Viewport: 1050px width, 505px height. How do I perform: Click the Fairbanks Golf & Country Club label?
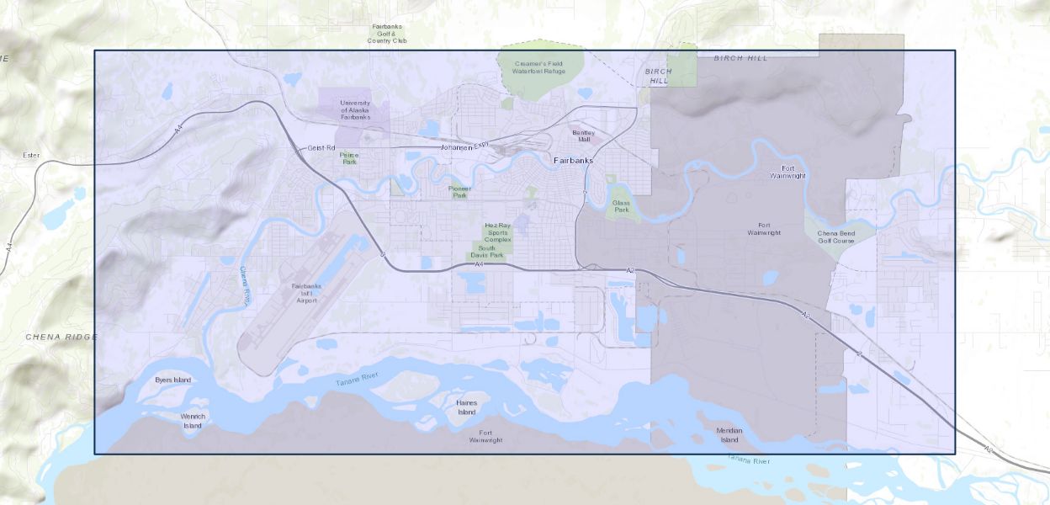pyautogui.click(x=387, y=34)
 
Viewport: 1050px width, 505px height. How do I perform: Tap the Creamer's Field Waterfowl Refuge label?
pyautogui.click(x=538, y=68)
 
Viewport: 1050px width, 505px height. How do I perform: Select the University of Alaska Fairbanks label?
pyautogui.click(x=355, y=109)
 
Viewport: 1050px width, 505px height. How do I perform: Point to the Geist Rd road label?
pyautogui.click(x=321, y=147)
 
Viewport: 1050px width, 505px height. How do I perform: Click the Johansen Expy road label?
pyautogui.click(x=464, y=147)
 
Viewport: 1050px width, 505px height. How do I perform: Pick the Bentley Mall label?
pyautogui.click(x=583, y=136)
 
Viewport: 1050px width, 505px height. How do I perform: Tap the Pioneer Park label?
pyautogui.click(x=459, y=192)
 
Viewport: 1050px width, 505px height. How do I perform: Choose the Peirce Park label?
pyautogui.click(x=349, y=157)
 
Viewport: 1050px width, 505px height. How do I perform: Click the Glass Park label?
pyautogui.click(x=621, y=206)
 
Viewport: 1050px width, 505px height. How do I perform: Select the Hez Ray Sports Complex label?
pyautogui.click(x=497, y=233)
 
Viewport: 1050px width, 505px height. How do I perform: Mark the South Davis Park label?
pyautogui.click(x=491, y=252)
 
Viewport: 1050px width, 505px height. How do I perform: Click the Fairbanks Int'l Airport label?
pyautogui.click(x=305, y=293)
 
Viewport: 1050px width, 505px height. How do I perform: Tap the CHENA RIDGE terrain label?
pyautogui.click(x=61, y=337)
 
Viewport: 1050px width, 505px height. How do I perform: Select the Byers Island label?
pyautogui.click(x=173, y=380)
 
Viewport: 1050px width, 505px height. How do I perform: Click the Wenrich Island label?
pyautogui.click(x=193, y=420)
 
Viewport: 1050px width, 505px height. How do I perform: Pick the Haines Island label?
pyautogui.click(x=466, y=407)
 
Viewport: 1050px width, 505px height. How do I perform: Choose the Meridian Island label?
pyautogui.click(x=729, y=435)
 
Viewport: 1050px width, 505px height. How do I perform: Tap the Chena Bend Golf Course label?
pyautogui.click(x=835, y=237)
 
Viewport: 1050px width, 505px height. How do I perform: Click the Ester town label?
pyautogui.click(x=31, y=156)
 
